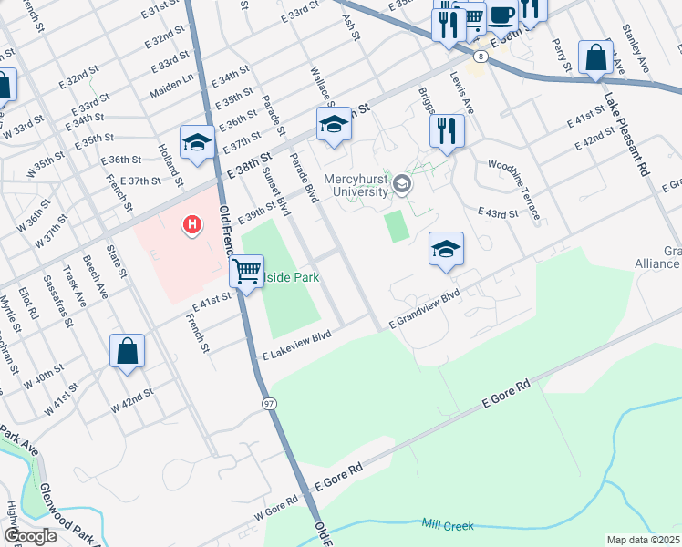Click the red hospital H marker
[192, 223]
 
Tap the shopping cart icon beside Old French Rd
[246, 271]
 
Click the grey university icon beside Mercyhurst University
[402, 186]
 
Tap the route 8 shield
[480, 56]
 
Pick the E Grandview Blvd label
[424, 311]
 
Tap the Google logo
[30, 536]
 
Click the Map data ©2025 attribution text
[643, 540]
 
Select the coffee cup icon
[501, 15]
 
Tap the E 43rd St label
[498, 212]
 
